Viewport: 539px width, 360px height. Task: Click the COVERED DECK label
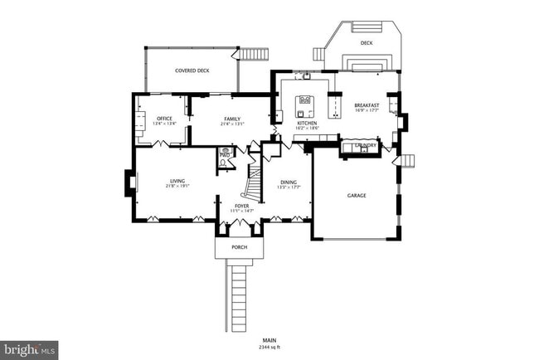[x=192, y=71]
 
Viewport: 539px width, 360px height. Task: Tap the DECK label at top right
[x=367, y=42]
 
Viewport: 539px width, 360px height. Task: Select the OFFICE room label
[x=164, y=119]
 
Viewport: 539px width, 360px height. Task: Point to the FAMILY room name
[x=231, y=119]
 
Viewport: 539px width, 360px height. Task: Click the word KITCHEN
[x=308, y=123]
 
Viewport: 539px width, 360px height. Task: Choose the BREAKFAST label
[x=367, y=105]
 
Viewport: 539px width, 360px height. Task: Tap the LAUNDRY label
[x=365, y=146]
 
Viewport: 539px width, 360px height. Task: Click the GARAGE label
[x=357, y=196]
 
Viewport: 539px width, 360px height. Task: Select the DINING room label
[x=288, y=182]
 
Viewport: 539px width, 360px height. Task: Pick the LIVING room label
[x=177, y=181]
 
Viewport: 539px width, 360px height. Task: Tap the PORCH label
[x=240, y=247]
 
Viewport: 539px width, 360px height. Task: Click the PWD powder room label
[x=224, y=155]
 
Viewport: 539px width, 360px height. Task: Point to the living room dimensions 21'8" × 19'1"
[x=177, y=187]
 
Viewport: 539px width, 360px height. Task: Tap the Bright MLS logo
[x=29, y=349]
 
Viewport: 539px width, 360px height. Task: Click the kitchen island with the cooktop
[x=304, y=106]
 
